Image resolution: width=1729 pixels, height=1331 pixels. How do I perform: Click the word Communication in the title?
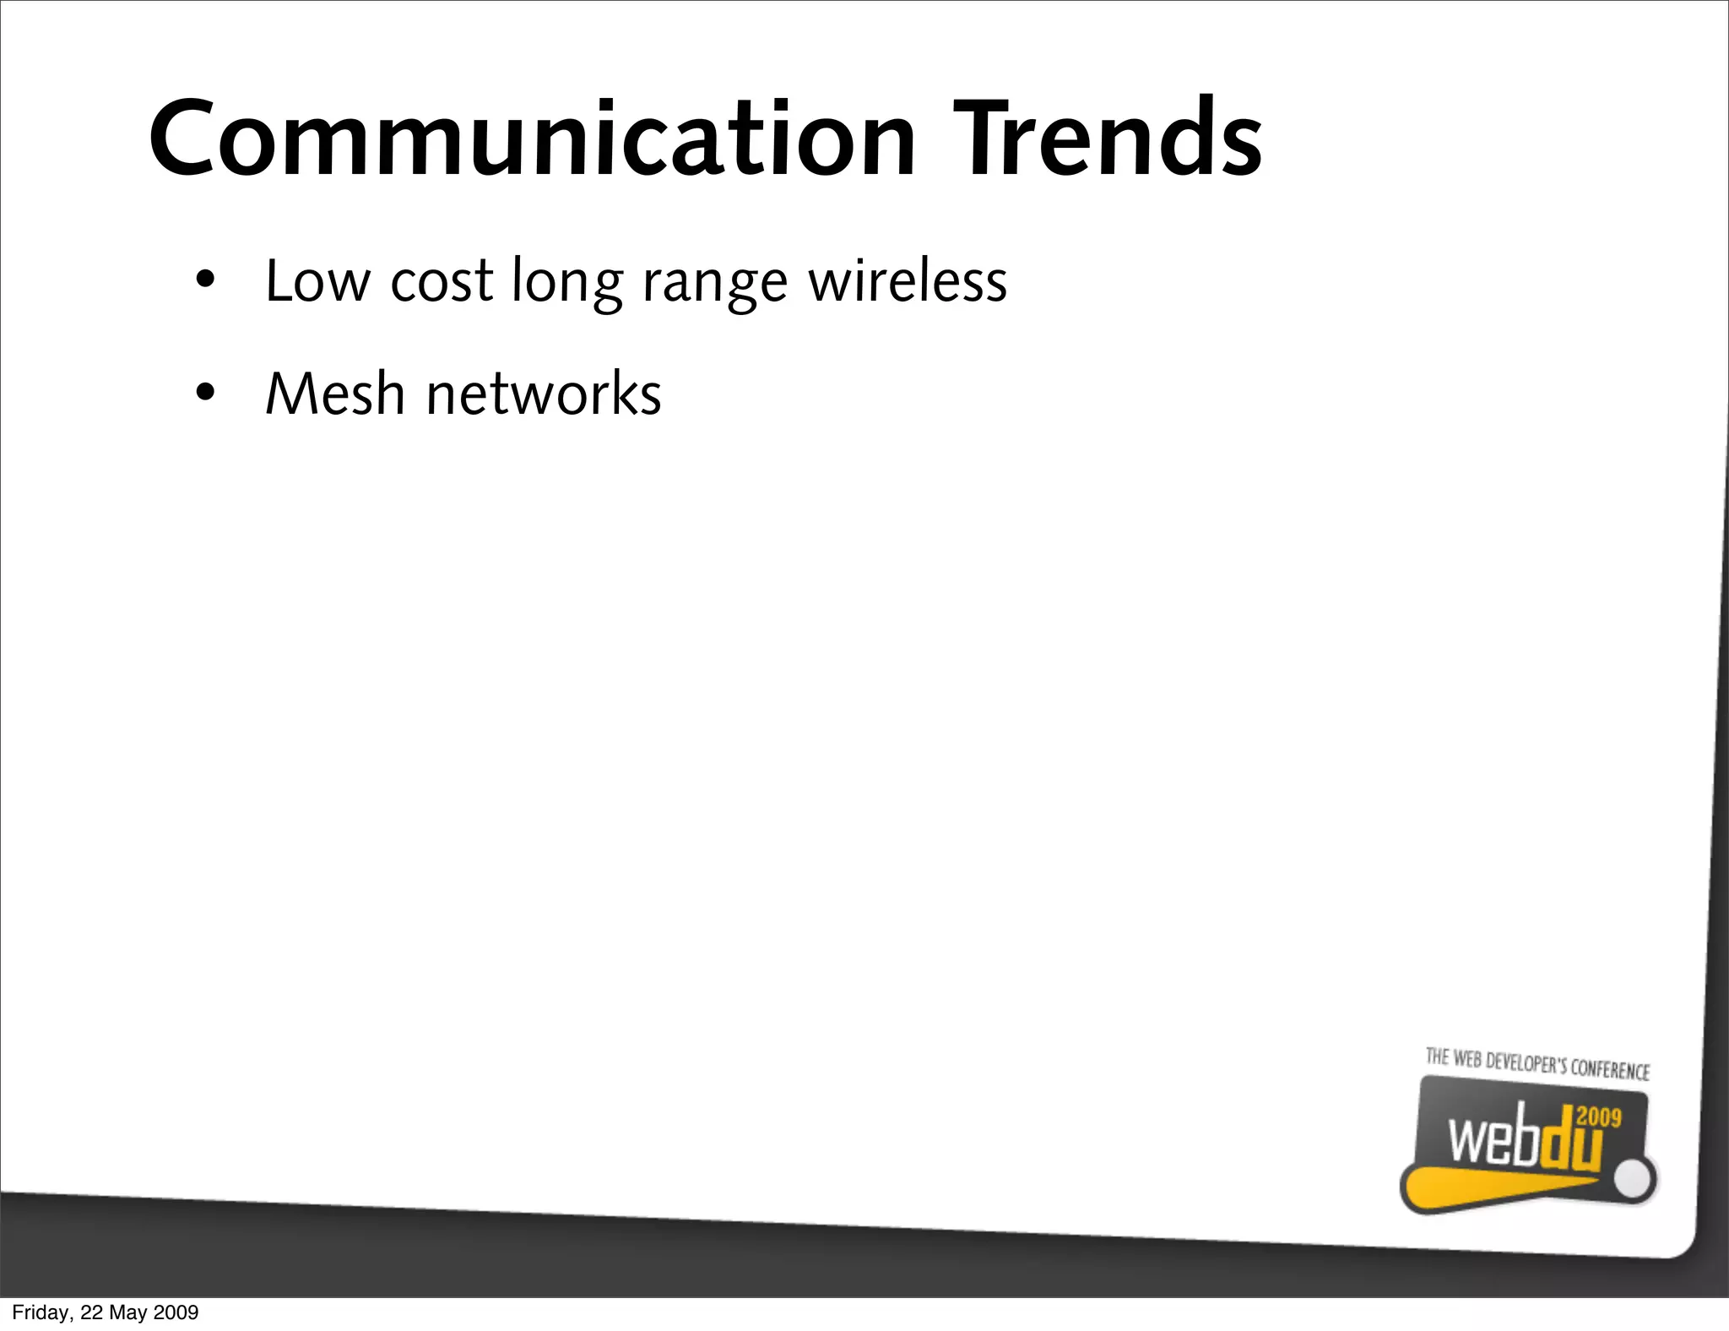coord(532,139)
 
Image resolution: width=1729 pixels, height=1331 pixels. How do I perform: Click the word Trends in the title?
coord(1108,139)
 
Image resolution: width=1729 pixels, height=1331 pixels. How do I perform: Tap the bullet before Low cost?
coord(205,280)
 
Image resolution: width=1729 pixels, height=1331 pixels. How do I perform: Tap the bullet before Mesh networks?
coord(205,394)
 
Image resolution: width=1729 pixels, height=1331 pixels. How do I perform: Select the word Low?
coord(317,281)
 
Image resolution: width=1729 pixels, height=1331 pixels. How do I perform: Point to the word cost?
coord(442,281)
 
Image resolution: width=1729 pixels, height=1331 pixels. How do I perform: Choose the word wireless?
coord(908,281)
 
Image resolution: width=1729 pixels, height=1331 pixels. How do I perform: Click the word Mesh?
coord(335,394)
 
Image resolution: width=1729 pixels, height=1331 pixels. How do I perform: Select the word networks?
coord(544,394)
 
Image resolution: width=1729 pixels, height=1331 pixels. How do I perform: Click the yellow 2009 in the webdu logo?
coord(1599,1117)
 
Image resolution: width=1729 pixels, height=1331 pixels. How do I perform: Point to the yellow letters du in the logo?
coord(1570,1144)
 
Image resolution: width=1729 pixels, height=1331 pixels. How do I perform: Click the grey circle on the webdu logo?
coord(1636,1180)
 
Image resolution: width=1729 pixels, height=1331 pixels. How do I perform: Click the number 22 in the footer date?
coord(91,1312)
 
